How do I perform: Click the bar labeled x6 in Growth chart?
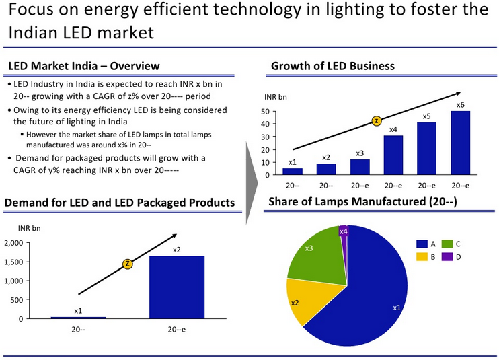tap(460, 143)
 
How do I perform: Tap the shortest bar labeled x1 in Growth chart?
tap(292, 171)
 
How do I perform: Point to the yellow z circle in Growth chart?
tap(377, 121)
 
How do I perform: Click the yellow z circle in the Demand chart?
tap(127, 264)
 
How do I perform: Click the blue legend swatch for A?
tap(422, 244)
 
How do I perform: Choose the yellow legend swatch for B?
tap(422, 256)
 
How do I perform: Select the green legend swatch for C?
tap(447, 244)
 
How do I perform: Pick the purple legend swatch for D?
tap(447, 256)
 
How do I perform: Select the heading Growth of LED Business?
tap(332, 66)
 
